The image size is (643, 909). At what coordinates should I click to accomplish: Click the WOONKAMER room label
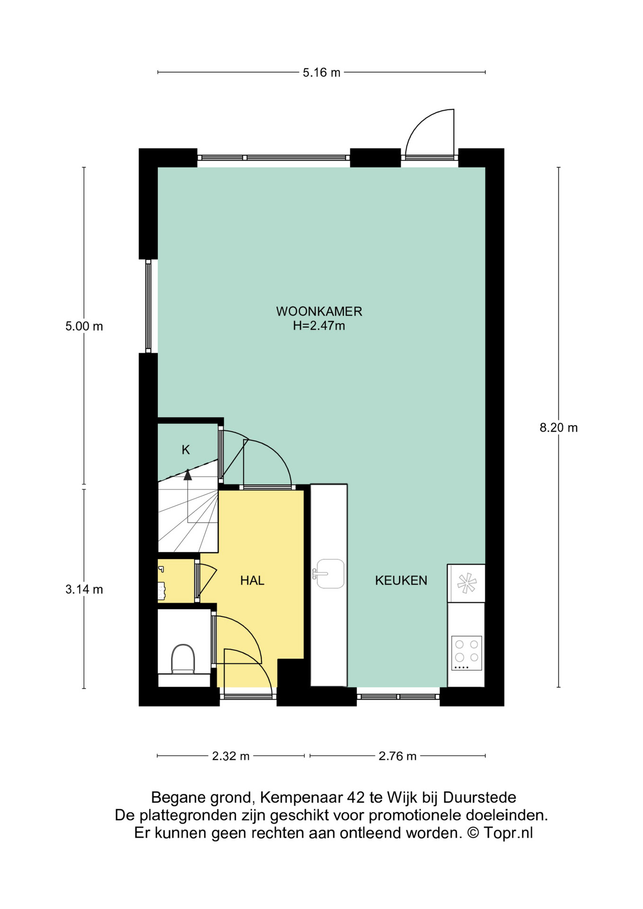click(x=319, y=312)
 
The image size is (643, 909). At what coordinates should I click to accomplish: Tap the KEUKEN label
click(x=401, y=580)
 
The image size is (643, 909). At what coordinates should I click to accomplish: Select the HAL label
click(x=252, y=580)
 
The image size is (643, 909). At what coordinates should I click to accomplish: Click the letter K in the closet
click(x=186, y=450)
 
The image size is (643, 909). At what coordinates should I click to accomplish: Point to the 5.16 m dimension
click(x=321, y=72)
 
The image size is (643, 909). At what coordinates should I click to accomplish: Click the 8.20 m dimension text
click(x=559, y=428)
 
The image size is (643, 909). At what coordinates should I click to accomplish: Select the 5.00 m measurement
click(x=84, y=326)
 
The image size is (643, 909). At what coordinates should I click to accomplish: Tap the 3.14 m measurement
click(x=84, y=589)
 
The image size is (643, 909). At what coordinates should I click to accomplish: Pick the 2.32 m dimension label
click(x=231, y=756)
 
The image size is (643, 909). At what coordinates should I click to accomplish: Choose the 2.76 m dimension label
click(x=397, y=756)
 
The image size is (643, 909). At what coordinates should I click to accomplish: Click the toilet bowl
click(x=183, y=659)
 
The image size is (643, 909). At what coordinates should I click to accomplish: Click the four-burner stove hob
click(x=466, y=653)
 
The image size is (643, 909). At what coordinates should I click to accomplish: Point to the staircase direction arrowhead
click(x=188, y=474)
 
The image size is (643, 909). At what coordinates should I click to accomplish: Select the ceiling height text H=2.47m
click(x=319, y=326)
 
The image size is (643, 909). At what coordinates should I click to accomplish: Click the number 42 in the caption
click(x=356, y=798)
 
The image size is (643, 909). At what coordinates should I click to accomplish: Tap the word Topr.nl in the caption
click(x=508, y=833)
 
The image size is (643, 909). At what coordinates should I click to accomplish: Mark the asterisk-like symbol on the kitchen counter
click(x=466, y=583)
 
